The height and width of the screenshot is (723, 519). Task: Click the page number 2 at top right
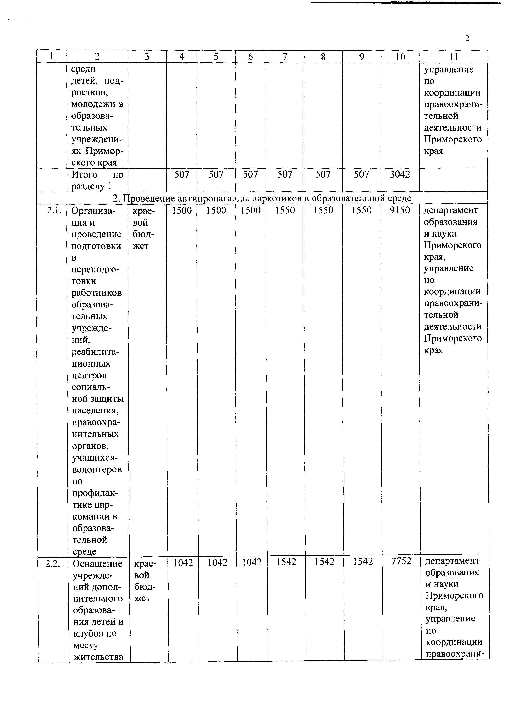pos(467,39)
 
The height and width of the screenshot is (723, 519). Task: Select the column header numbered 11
pos(453,57)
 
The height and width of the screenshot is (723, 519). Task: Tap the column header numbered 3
pos(147,57)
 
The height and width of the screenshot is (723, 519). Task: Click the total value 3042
pos(400,174)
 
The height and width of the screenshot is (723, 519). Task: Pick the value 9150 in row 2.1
pos(400,210)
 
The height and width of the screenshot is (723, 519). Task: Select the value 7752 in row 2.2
pos(401,561)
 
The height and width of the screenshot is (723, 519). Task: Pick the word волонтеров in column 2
pos(97,469)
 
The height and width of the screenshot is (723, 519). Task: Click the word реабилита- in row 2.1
pos(95,352)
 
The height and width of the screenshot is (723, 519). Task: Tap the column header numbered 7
pos(285,57)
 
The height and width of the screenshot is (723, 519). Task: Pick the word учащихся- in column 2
pos(95,458)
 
